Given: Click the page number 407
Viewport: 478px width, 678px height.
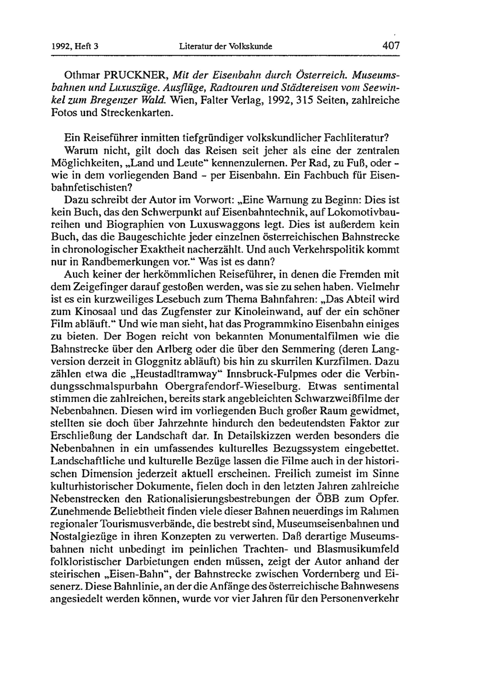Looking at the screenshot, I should pos(391,46).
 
